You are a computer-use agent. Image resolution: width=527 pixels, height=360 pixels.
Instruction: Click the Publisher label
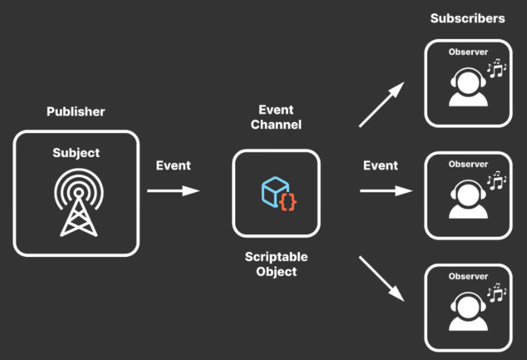coord(76,111)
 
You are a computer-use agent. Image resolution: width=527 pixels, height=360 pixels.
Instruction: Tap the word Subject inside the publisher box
coord(76,153)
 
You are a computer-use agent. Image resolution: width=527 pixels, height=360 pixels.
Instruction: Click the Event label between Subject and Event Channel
coord(173,165)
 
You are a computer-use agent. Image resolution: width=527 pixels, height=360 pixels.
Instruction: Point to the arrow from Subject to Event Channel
coord(173,191)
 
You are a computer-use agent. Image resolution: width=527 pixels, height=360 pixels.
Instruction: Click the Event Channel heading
coord(276,117)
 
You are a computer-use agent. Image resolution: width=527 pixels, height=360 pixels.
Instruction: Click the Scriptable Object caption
coord(276,264)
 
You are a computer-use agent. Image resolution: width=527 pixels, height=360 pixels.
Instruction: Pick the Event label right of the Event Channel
coord(381,165)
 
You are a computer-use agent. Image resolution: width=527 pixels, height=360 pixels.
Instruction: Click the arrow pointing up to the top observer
coord(381,105)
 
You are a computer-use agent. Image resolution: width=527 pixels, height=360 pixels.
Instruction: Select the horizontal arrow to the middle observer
coord(386,191)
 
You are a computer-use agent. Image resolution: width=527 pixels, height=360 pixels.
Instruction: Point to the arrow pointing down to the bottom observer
coord(381,279)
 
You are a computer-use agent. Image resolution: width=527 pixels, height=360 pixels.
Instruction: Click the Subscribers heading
coord(468,18)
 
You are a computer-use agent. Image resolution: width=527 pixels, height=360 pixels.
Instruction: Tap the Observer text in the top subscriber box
coord(468,52)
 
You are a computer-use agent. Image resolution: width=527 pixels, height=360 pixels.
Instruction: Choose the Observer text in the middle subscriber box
coord(468,164)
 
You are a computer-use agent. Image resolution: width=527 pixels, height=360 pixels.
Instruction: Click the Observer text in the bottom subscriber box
coord(468,276)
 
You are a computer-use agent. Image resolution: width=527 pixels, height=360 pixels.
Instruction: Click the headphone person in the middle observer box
coord(468,198)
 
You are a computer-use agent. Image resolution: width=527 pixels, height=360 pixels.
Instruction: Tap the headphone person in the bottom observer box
coord(468,310)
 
